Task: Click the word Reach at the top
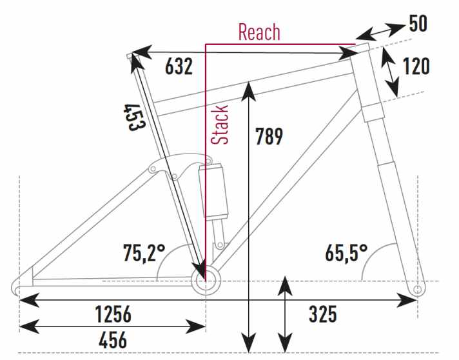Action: coord(259,32)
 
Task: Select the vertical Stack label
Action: coord(219,125)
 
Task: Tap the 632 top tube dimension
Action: coord(179,66)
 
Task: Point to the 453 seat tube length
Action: coord(135,117)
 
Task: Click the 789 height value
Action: coord(269,136)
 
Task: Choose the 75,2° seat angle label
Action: coord(144,253)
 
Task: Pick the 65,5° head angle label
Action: coord(346,253)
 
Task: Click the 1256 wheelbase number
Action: coord(113,314)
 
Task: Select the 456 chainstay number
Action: coord(113,340)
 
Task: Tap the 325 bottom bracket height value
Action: coord(323,314)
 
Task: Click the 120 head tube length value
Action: coord(416,66)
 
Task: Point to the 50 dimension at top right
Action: coord(418,23)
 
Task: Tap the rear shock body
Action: coord(213,192)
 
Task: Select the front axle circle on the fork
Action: coord(418,290)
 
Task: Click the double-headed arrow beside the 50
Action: coord(380,32)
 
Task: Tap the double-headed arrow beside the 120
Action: coord(391,72)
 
